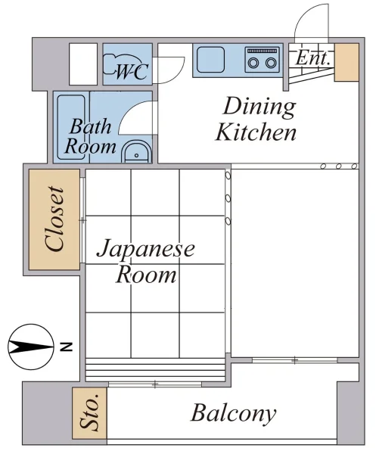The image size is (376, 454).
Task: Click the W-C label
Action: [132, 71]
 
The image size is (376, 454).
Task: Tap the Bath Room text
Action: [90, 136]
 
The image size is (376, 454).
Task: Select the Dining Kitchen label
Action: [256, 120]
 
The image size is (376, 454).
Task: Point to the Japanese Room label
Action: [146, 260]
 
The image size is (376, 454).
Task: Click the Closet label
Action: [54, 219]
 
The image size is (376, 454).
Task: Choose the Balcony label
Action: [233, 413]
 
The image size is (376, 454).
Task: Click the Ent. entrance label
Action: [312, 58]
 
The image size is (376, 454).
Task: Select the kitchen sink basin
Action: [211, 60]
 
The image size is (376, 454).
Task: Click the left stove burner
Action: [254, 62]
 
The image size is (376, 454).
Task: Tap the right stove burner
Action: [271, 62]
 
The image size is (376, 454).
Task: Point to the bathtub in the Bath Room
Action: [71, 127]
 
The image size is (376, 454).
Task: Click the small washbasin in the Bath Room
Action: [136, 152]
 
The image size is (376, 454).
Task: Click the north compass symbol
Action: [31, 347]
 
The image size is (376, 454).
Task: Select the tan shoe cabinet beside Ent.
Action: [346, 62]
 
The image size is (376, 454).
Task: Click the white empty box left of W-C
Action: [83, 64]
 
